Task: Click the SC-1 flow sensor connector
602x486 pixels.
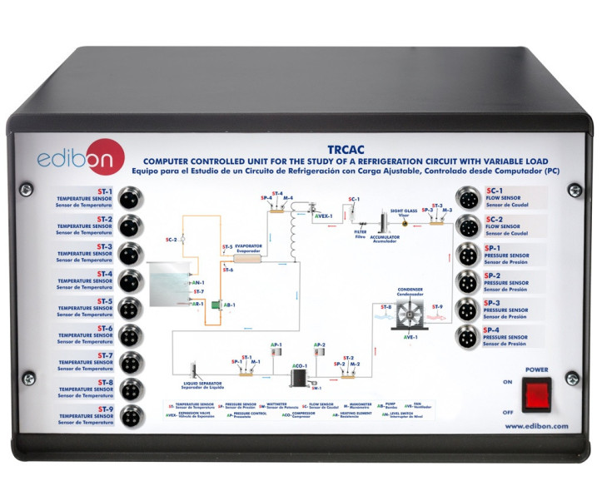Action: pos(470,199)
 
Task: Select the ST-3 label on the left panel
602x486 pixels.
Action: pos(104,247)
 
